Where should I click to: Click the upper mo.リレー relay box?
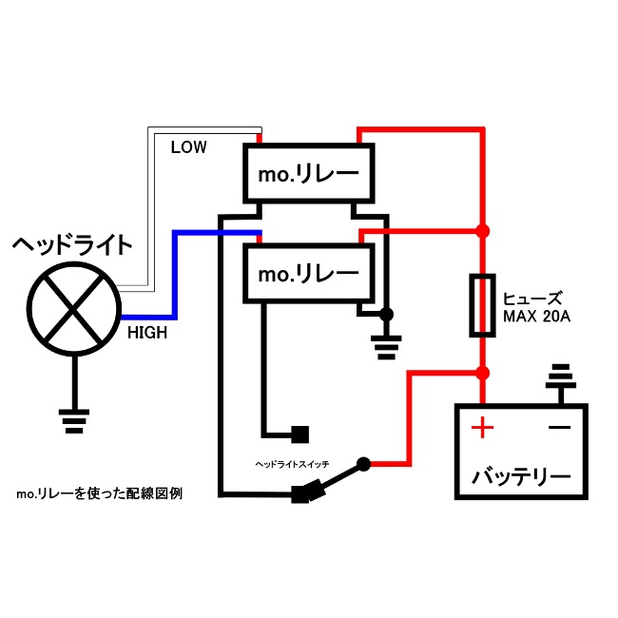(x=309, y=173)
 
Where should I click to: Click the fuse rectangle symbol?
(x=483, y=305)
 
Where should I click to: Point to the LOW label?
(x=188, y=147)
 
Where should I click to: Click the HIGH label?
(x=147, y=333)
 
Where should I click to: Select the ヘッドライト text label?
(x=72, y=245)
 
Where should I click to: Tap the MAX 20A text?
(x=536, y=316)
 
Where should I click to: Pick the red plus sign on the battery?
(x=483, y=428)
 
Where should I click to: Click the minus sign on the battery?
(x=560, y=428)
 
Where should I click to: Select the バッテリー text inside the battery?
(x=522, y=474)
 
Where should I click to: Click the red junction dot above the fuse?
(x=483, y=231)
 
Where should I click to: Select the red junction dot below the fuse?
(x=483, y=372)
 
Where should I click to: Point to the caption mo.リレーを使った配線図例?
(x=99, y=494)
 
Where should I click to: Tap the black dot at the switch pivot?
(x=362, y=465)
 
